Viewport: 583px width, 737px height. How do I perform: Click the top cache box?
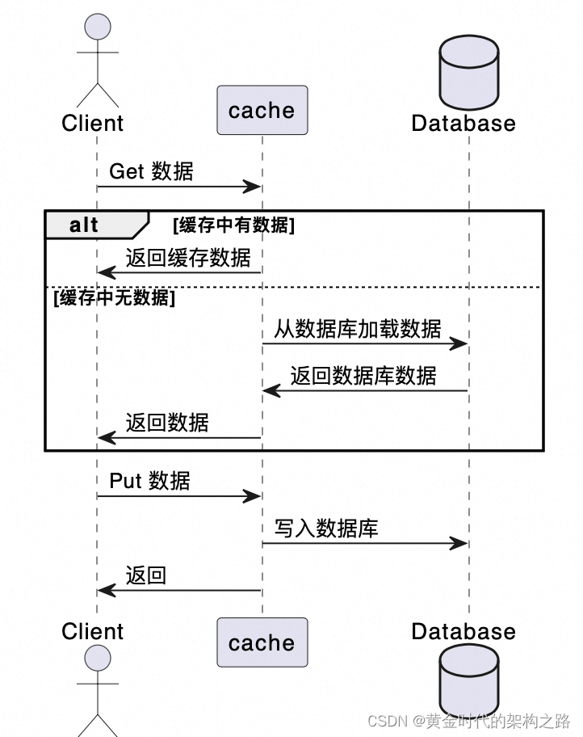tap(262, 110)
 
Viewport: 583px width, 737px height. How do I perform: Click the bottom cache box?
tap(262, 642)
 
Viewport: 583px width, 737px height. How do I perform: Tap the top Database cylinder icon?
tap(468, 73)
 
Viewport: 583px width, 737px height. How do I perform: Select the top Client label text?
tap(92, 124)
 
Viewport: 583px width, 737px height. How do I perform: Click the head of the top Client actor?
tap(98, 26)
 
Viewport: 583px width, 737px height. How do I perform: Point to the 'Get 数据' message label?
tap(151, 171)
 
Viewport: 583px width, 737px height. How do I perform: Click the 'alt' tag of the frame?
tap(84, 225)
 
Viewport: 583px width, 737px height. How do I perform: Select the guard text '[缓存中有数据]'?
tap(233, 225)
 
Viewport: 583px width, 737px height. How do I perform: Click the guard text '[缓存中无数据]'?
tap(114, 297)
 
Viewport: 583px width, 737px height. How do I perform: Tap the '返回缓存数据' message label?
tap(188, 258)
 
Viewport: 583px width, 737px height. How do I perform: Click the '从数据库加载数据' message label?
tap(358, 329)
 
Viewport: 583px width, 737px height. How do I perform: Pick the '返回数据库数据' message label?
tap(363, 376)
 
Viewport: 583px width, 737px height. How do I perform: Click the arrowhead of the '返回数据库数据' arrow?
tap(271, 391)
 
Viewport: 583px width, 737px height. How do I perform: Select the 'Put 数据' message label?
tap(149, 481)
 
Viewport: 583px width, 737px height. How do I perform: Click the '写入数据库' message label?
tap(326, 529)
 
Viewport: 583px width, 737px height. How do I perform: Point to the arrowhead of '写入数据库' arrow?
tap(460, 544)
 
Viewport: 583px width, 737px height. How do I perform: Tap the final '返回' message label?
tap(146, 575)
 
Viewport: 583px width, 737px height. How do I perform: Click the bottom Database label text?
tap(463, 631)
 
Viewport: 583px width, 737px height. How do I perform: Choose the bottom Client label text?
tap(92, 631)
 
